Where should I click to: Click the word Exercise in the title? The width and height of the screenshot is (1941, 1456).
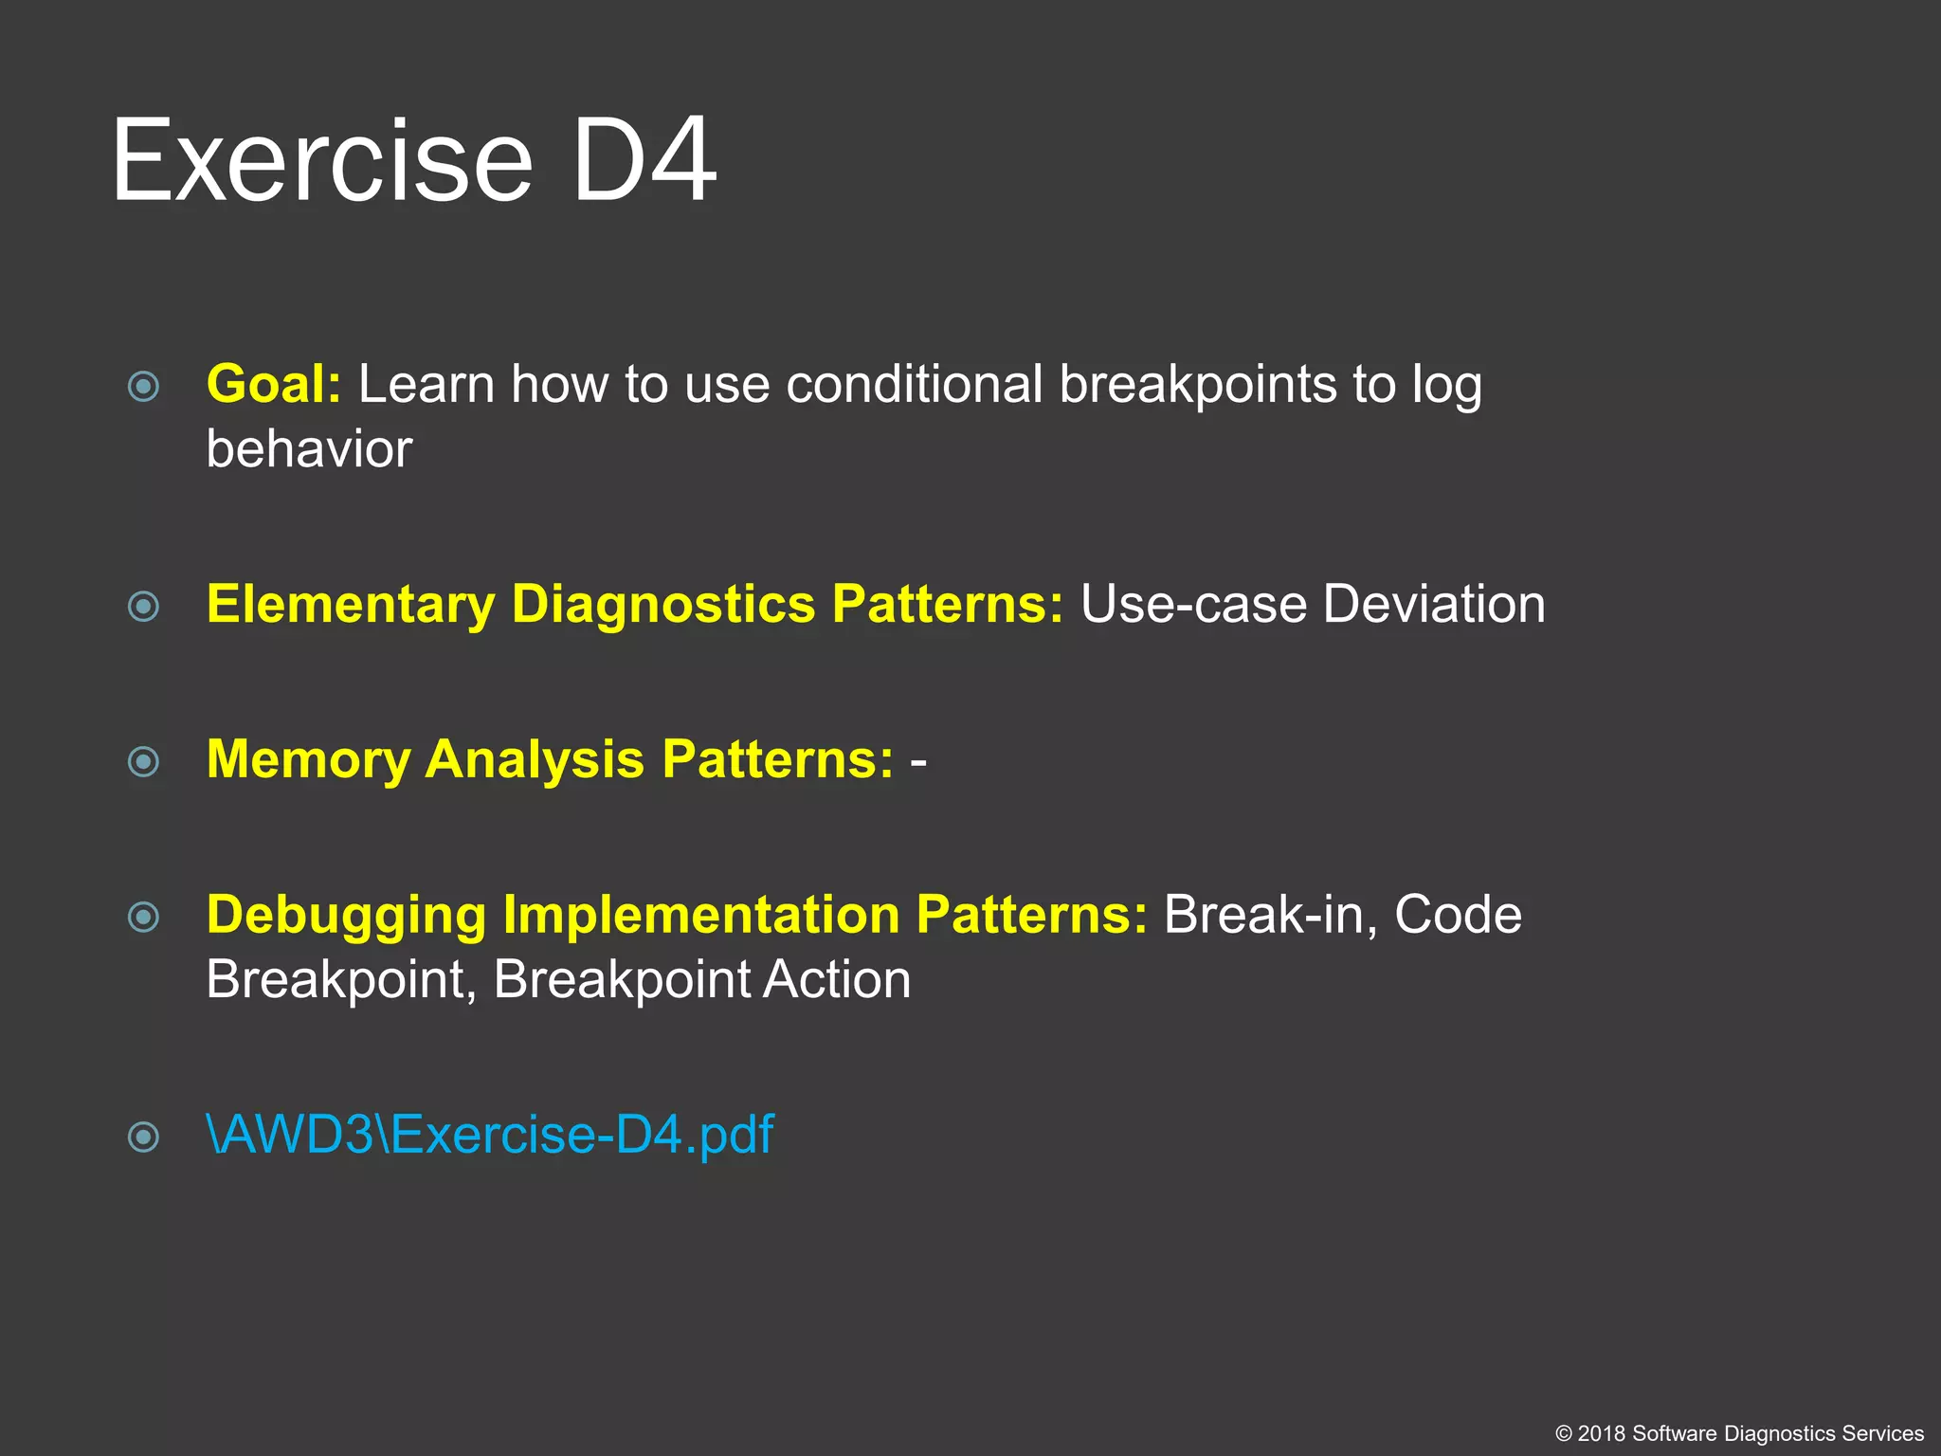[x=322, y=161]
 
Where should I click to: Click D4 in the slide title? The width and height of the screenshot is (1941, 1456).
[x=644, y=161]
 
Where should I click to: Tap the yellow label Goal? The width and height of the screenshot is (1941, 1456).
[x=273, y=385]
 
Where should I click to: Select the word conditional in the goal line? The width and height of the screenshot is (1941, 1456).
[x=914, y=385]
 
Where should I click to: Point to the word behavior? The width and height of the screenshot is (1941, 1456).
[x=309, y=449]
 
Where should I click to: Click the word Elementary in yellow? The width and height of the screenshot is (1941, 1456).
[x=351, y=605]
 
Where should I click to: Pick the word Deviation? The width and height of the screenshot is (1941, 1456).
[x=1434, y=605]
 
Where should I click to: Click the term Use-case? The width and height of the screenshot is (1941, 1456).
[x=1193, y=605]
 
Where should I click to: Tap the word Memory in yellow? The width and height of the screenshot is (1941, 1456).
[x=307, y=760]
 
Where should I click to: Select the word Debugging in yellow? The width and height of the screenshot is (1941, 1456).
[x=346, y=916]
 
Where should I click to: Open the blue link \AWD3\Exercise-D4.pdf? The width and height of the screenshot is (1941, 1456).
[x=490, y=1135]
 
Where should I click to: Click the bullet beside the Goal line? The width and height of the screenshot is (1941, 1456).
[x=143, y=387]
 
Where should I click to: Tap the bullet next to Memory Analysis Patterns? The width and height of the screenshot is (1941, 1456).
[x=143, y=761]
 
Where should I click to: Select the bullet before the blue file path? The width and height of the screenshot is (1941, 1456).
[x=143, y=1137]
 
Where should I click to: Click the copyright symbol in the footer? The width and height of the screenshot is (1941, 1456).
[x=1564, y=1434]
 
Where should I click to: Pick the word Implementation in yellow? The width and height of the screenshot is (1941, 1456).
[x=701, y=916]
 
